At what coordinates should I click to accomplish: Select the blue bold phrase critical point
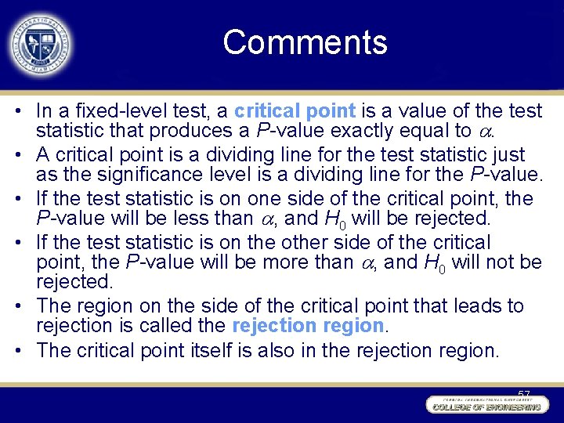click(295, 110)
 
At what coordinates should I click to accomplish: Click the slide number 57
click(524, 395)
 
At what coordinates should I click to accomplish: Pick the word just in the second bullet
click(508, 154)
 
